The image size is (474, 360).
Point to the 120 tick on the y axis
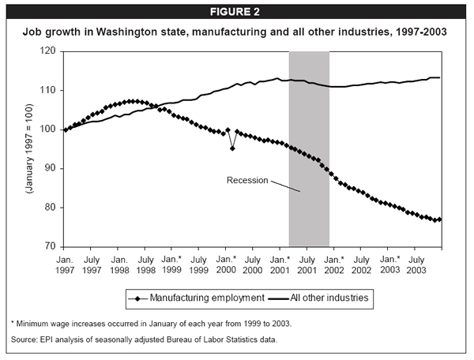point(51,51)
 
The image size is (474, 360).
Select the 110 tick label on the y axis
point(51,91)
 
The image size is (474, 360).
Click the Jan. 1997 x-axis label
point(65,264)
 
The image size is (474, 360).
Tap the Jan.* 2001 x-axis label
point(282,264)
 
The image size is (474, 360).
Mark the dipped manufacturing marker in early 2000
point(232,148)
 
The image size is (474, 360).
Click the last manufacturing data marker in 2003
point(439,219)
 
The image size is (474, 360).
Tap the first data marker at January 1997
point(65,129)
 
